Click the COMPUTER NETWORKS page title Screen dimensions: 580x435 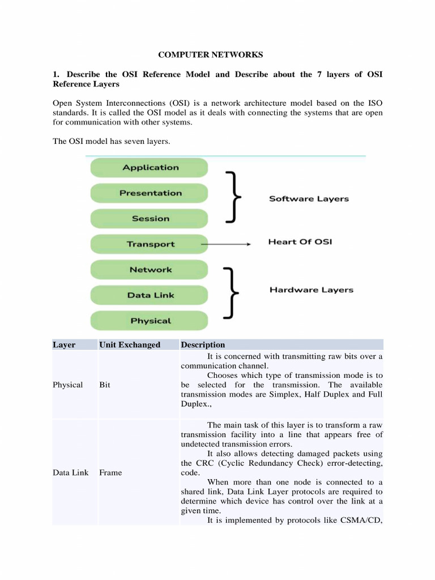210,55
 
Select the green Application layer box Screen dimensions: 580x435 150,168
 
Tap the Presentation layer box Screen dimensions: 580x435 150,193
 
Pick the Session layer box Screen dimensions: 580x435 150,219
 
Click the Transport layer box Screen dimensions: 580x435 150,244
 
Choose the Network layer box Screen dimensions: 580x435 150,270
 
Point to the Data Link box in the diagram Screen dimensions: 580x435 150,295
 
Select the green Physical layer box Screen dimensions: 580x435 150,321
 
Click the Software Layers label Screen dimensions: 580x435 309,199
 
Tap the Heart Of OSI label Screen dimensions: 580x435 300,242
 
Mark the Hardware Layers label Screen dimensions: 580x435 311,290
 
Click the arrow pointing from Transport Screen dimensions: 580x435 227,244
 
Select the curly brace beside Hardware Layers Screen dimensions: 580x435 232,292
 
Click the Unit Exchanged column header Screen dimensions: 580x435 130,344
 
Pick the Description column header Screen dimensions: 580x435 203,344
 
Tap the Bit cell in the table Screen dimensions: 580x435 105,385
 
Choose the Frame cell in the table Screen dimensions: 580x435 110,472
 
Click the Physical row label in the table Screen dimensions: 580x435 67,385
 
